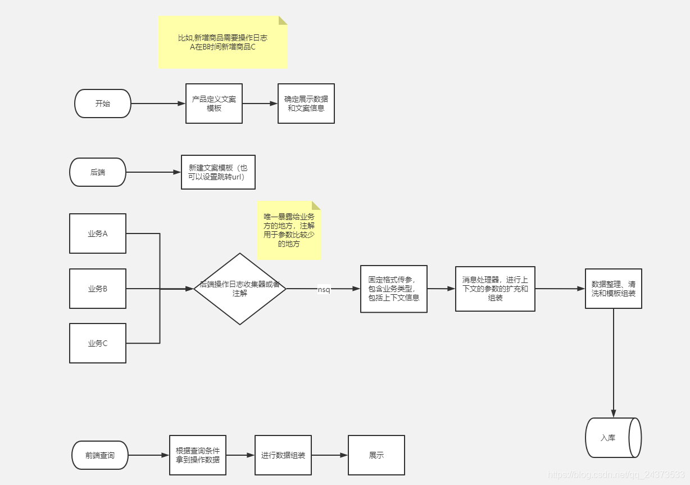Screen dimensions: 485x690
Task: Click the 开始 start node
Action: pos(103,104)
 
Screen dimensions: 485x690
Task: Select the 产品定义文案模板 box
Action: pos(214,104)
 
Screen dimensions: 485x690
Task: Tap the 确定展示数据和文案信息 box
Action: pos(306,104)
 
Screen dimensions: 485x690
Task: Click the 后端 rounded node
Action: pos(98,172)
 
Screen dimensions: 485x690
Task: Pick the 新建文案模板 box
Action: pos(218,172)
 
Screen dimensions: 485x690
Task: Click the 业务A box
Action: pos(98,233)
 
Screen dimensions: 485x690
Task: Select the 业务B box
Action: pos(98,289)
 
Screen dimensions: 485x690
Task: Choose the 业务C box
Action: pos(98,343)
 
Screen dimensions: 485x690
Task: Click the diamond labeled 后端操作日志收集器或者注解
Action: pos(240,289)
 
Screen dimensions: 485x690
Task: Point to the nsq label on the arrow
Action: pos(324,289)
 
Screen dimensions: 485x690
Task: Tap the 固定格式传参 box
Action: pos(394,289)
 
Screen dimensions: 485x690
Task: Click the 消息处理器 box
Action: pos(495,289)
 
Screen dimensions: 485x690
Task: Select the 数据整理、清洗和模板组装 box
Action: pos(614,289)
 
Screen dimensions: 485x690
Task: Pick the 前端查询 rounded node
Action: pos(100,455)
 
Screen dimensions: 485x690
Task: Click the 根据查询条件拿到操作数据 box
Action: pos(198,455)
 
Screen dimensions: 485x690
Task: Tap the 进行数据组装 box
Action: pos(283,455)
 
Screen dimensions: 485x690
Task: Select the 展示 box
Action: pos(376,455)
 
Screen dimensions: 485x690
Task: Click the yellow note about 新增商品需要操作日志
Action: pos(223,42)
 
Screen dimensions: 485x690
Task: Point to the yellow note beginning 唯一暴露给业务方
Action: pos(289,231)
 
